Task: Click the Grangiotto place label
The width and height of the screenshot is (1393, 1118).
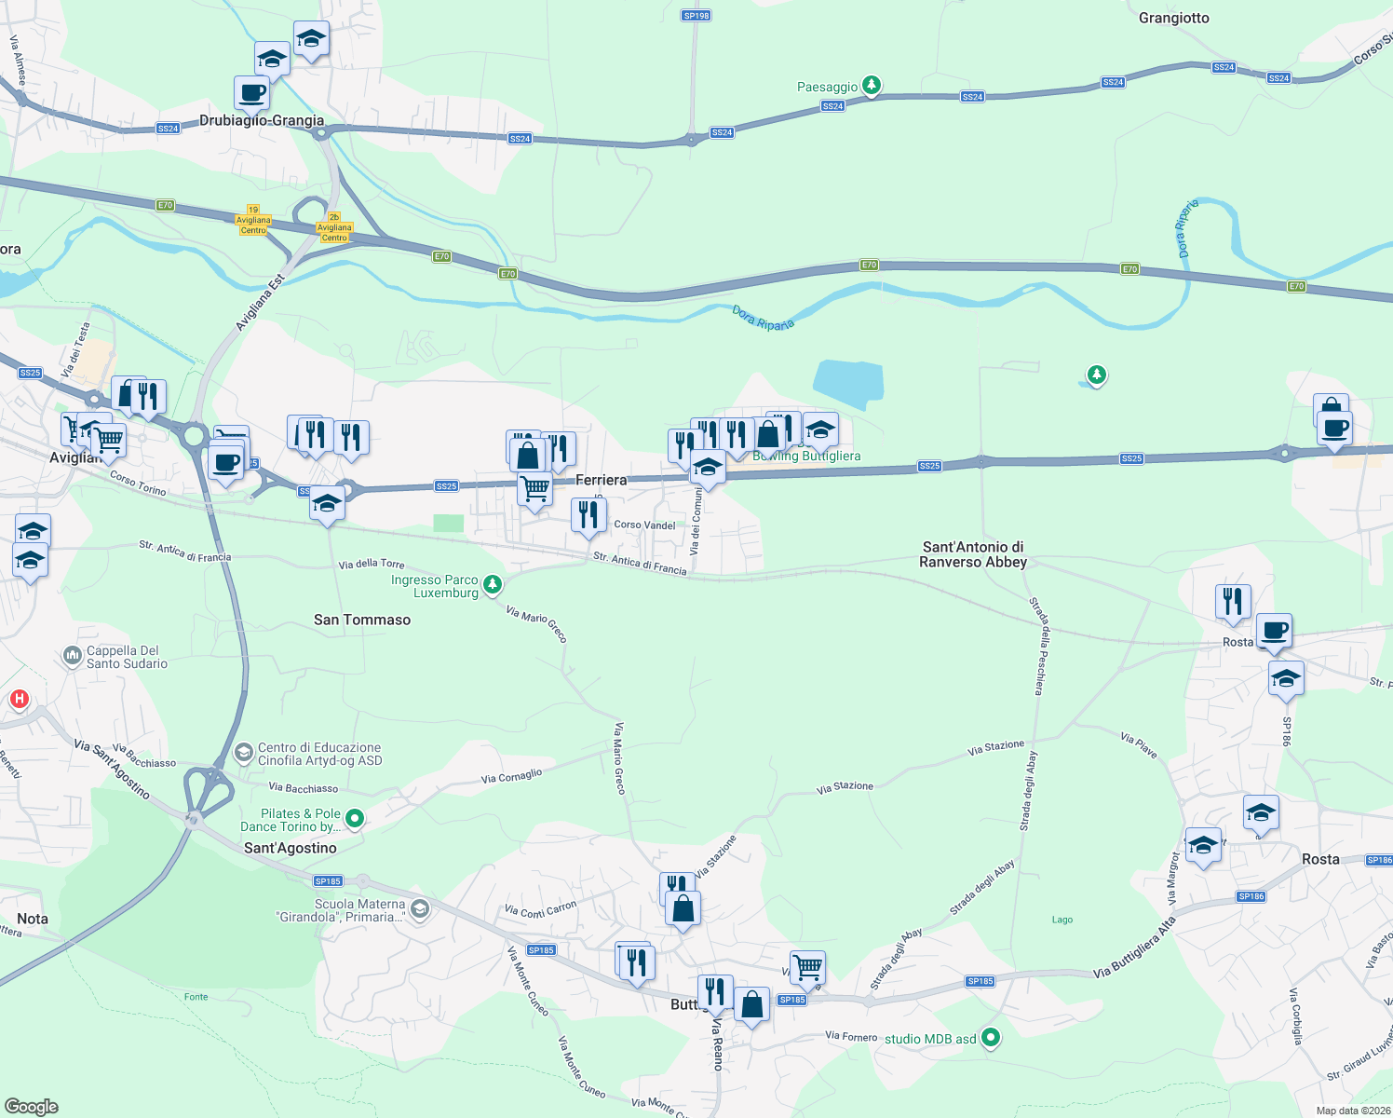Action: click(1173, 18)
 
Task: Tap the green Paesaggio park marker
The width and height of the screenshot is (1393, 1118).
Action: click(871, 86)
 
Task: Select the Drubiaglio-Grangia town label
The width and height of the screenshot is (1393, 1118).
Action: click(262, 120)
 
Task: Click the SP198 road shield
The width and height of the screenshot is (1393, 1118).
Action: click(696, 16)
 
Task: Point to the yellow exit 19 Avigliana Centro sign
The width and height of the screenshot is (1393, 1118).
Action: click(253, 221)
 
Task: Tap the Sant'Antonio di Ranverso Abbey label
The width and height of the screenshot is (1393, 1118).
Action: click(973, 554)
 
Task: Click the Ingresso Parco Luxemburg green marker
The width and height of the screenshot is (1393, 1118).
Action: click(493, 585)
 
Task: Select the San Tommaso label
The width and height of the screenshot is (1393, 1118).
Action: click(362, 620)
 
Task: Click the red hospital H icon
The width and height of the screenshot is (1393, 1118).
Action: click(19, 699)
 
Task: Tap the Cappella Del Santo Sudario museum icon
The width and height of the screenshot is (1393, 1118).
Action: click(73, 657)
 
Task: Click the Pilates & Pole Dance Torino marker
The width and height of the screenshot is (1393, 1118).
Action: click(354, 819)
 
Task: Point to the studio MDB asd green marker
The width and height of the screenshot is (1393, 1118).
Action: click(991, 1037)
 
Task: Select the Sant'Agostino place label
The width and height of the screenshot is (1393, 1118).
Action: click(290, 848)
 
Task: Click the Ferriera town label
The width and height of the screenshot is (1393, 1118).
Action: click(602, 480)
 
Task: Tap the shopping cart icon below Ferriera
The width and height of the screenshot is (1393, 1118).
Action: click(534, 487)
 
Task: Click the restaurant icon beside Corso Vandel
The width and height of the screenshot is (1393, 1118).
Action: click(588, 513)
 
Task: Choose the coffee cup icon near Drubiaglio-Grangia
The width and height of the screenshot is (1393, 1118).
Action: click(251, 93)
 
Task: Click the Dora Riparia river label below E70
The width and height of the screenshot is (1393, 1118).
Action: click(763, 318)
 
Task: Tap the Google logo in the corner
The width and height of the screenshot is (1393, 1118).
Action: click(31, 1106)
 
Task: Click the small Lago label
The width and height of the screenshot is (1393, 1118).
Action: click(1062, 920)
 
